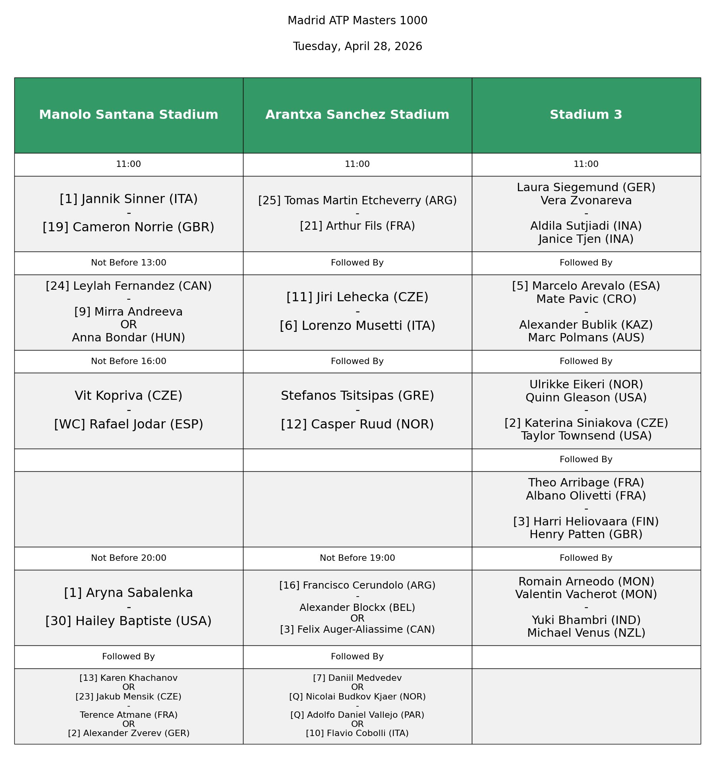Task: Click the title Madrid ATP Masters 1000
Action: tap(357, 21)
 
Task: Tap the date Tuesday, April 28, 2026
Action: tap(357, 46)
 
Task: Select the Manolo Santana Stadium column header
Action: tap(128, 115)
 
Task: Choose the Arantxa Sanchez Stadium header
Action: tap(357, 115)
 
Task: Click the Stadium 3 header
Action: tap(586, 115)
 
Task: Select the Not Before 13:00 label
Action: tap(128, 263)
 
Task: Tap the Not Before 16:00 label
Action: tap(128, 362)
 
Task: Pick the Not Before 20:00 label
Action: tap(128, 558)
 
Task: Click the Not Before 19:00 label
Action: tap(357, 558)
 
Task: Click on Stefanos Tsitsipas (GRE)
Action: tap(357, 396)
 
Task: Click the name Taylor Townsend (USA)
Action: tap(586, 436)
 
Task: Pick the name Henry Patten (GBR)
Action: tap(586, 535)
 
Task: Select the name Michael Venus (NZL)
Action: tap(586, 633)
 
